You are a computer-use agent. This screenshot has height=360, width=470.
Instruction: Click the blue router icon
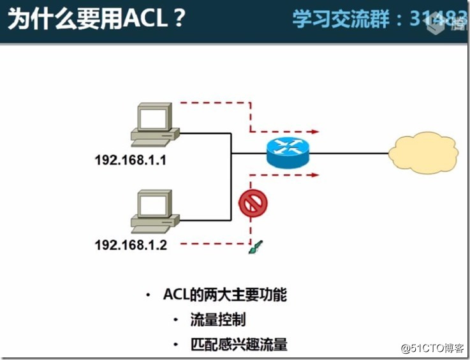tap(287, 153)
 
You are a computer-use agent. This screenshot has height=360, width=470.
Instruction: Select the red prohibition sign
tap(253, 204)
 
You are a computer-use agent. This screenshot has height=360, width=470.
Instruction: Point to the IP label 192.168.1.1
tap(131, 160)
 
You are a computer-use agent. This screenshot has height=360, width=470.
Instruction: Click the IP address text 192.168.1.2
tap(131, 244)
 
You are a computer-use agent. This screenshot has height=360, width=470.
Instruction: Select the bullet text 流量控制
tap(217, 320)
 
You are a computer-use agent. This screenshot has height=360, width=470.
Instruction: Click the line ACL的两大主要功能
tap(225, 295)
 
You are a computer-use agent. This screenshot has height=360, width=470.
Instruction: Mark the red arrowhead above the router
tap(315, 131)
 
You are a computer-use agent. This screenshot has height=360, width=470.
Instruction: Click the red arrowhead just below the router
tap(315, 174)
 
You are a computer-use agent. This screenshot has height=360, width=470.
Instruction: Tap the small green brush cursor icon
tap(255, 247)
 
